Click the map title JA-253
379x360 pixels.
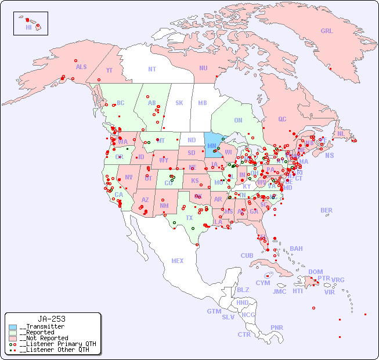click(52, 319)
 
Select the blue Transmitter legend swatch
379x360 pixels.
click(13, 327)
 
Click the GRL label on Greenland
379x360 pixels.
click(327, 31)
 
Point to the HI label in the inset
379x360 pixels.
click(28, 27)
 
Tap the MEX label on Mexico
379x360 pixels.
click(178, 261)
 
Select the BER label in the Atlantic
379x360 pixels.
click(327, 210)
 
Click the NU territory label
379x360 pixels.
click(203, 68)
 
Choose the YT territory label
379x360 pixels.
click(109, 70)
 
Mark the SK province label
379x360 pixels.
click(179, 103)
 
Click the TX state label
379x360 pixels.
click(189, 218)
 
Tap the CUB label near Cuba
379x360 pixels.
click(247, 255)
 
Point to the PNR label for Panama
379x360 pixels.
click(277, 327)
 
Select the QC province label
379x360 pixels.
click(282, 119)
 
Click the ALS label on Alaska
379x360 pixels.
click(81, 67)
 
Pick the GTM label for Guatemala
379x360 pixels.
click(214, 311)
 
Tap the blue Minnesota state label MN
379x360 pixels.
click(212, 146)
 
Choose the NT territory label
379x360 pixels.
click(152, 69)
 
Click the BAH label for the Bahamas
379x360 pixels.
click(296, 249)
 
